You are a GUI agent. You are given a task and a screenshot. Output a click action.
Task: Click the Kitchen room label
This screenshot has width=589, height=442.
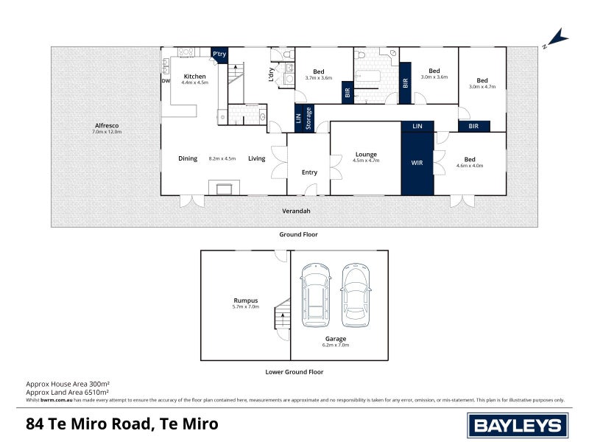(194, 77)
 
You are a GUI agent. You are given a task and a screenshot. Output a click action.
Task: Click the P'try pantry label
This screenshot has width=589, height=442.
(219, 55)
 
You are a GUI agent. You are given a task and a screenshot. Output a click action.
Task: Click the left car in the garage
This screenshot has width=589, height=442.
(315, 295)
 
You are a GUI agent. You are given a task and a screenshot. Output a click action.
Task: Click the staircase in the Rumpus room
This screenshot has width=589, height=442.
(282, 318)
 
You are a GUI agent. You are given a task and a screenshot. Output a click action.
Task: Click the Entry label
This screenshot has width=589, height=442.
(309, 172)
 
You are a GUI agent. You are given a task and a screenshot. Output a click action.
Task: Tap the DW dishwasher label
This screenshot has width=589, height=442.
(166, 81)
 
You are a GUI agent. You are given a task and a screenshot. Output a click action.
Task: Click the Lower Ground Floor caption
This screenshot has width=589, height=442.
(294, 372)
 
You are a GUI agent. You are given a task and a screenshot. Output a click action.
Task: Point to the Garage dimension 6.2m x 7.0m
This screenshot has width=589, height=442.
(335, 345)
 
